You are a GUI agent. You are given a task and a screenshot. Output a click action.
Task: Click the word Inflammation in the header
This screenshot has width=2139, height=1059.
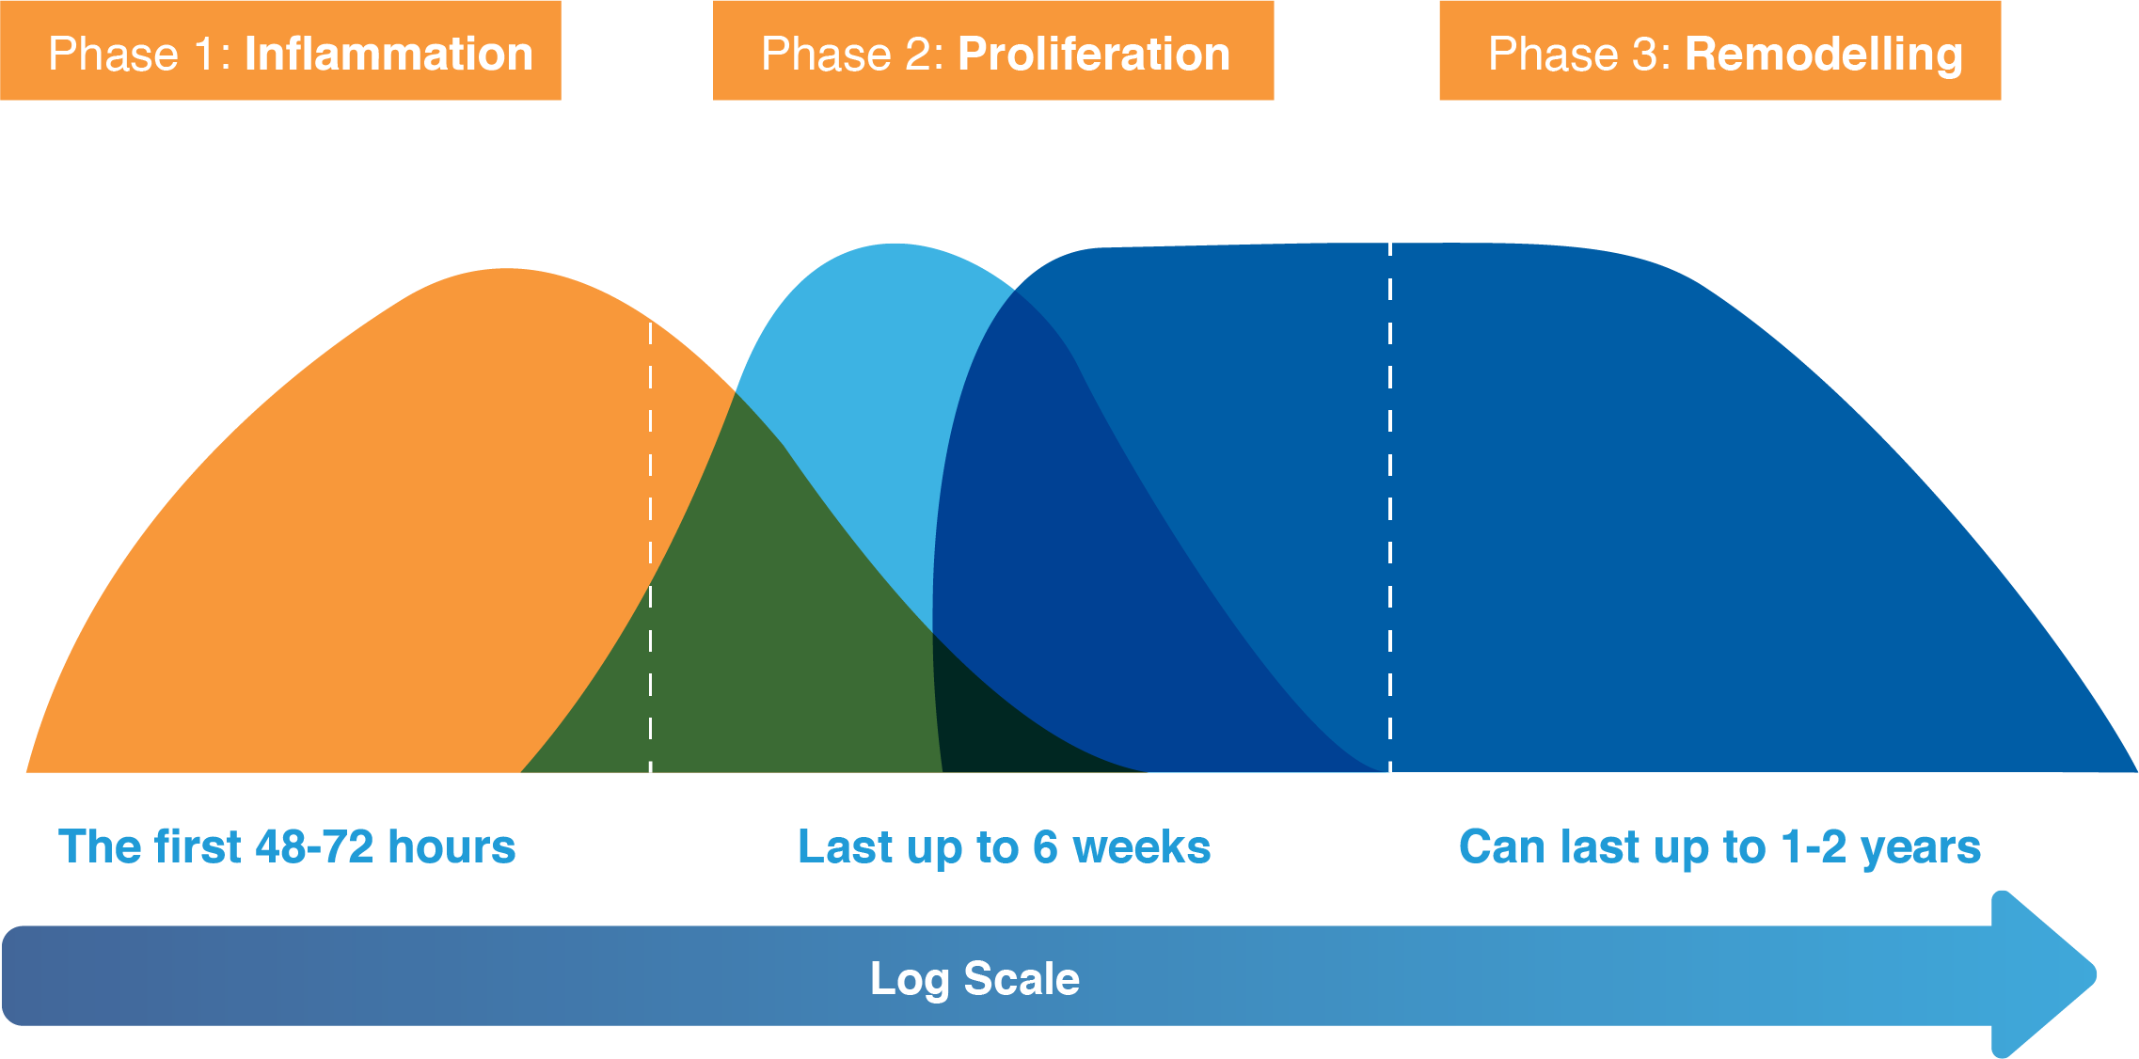point(388,54)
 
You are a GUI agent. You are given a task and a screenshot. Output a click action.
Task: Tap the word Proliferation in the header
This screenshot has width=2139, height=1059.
point(1094,54)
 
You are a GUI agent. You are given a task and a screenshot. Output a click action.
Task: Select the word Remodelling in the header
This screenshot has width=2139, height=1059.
point(1823,54)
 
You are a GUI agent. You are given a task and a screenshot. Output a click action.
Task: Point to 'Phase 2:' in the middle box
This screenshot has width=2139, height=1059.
point(852,54)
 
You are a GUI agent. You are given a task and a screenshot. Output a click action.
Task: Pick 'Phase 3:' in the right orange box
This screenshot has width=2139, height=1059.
point(1579,54)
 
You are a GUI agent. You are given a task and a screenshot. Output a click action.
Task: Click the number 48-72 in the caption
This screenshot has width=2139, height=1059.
point(315,846)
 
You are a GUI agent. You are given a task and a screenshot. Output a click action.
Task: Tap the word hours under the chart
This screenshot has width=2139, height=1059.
point(452,846)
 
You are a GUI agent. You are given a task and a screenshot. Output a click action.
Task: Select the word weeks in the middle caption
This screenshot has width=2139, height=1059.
point(1141,846)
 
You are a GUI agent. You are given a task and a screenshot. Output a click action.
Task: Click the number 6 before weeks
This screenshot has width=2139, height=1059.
point(1045,846)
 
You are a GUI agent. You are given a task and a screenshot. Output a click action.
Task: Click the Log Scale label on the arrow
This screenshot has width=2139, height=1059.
point(974,978)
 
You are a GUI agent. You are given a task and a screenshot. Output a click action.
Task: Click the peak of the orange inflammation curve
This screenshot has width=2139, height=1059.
point(506,273)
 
